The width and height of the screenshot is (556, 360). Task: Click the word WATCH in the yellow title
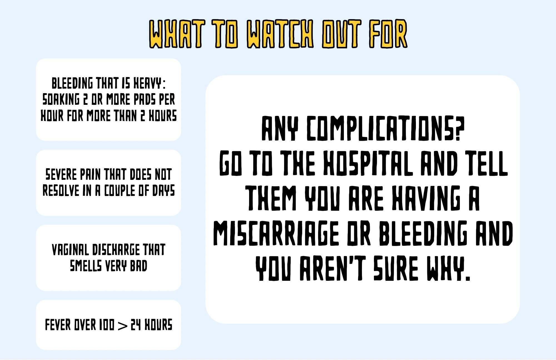coord(280,34)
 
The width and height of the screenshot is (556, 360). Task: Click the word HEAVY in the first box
coord(148,83)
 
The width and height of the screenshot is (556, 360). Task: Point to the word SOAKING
coord(61,100)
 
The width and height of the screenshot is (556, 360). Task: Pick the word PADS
coord(145,100)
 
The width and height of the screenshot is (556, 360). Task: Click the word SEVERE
coord(61,175)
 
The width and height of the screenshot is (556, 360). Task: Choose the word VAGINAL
coord(70,250)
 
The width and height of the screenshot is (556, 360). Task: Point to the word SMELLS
coord(86,266)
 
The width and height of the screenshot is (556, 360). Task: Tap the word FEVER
coord(58,325)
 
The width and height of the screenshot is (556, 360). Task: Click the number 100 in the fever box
coord(106,325)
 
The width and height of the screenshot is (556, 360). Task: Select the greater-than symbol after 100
coord(123,326)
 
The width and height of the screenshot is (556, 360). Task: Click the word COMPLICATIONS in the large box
coord(385,128)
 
